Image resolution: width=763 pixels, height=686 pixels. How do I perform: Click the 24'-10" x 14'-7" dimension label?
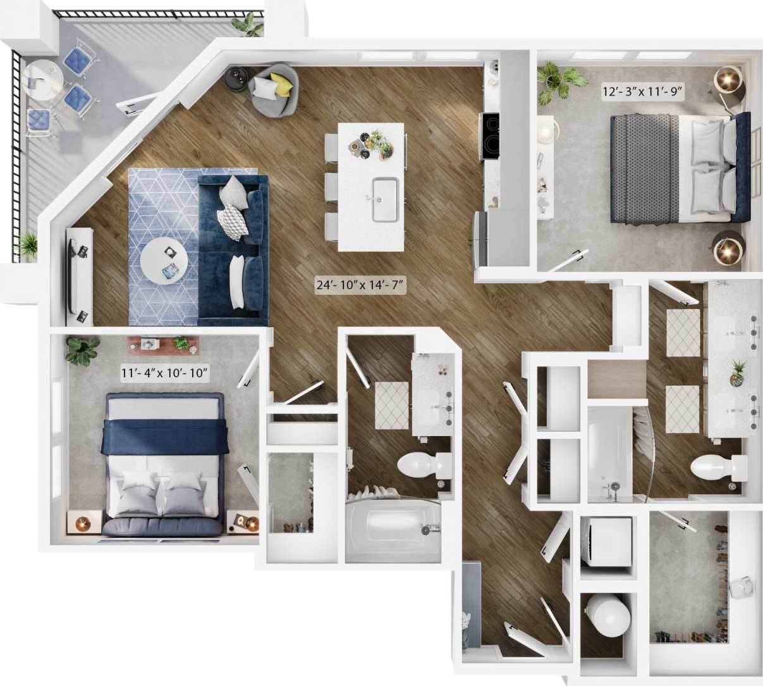[x=360, y=285]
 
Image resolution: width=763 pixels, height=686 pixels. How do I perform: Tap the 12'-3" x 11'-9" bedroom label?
[x=641, y=91]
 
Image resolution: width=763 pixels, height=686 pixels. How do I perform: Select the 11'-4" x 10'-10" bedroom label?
[x=164, y=373]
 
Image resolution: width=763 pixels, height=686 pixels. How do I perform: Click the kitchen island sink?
[x=385, y=200]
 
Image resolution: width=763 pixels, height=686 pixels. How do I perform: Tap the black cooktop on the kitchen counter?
[x=491, y=137]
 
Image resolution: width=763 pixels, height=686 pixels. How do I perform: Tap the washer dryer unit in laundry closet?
[x=606, y=542]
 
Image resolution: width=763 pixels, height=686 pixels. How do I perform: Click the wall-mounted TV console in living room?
[x=79, y=277]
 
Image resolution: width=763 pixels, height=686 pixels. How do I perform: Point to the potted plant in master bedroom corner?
[x=554, y=80]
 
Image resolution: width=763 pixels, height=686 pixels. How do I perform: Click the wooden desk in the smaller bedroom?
[x=163, y=344]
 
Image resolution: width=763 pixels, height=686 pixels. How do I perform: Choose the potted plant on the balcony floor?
[x=27, y=246]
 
